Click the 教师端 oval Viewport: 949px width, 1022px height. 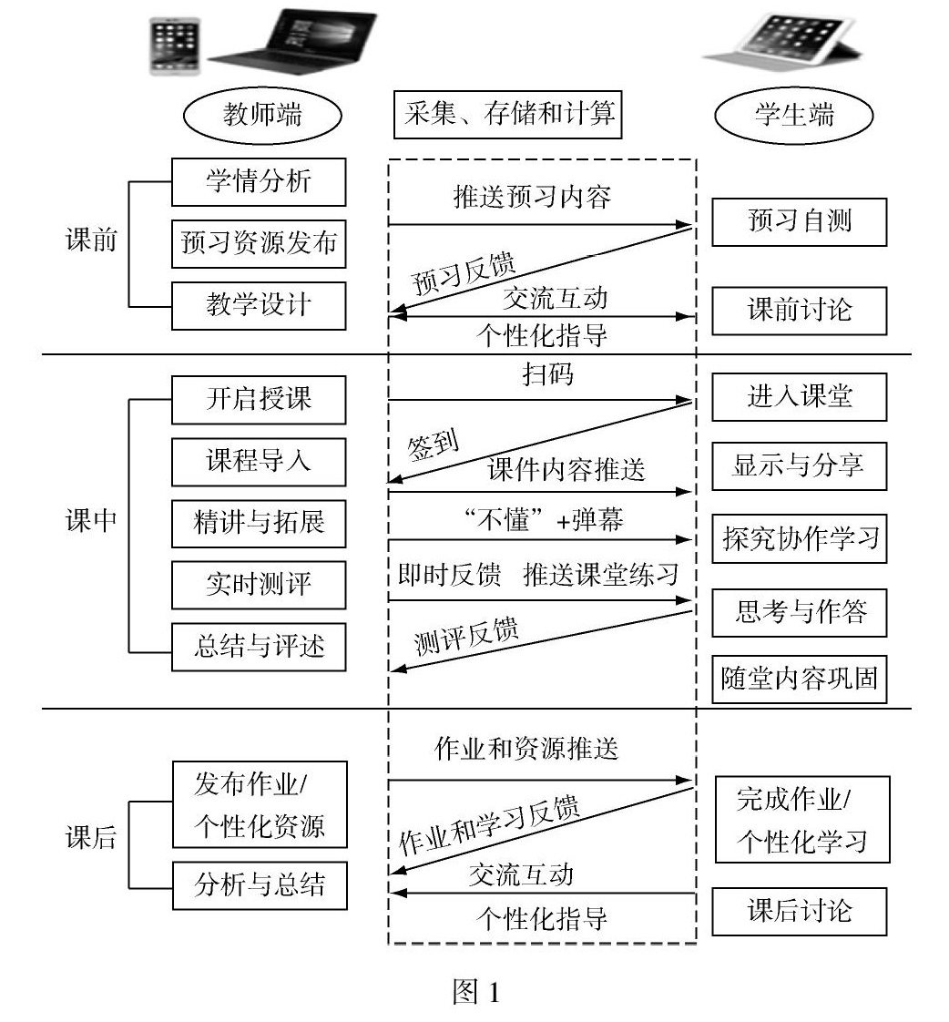262,116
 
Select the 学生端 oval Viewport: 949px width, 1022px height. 794,116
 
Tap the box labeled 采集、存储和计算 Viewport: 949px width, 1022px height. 508,115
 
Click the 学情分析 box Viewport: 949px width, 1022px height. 259,181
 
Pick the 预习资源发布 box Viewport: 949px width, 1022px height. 259,243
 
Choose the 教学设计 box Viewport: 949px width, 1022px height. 259,305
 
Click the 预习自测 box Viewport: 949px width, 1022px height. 799,221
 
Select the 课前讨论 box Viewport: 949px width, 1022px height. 799,310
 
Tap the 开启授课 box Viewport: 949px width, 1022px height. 259,399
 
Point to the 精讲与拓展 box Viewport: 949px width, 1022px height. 259,523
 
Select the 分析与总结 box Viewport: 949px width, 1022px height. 259,885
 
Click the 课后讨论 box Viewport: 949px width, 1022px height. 799,911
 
